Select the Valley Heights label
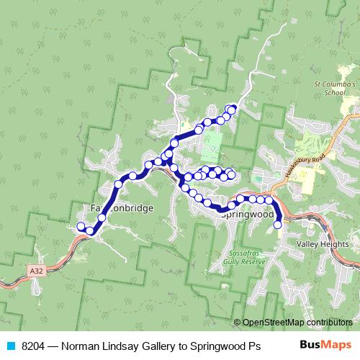coord(322,245)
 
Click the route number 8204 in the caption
coord(34,346)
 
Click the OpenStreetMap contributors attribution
coord(297,322)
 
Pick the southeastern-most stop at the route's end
coord(278,225)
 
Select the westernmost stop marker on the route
coord(81,227)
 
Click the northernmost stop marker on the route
coord(233,109)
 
